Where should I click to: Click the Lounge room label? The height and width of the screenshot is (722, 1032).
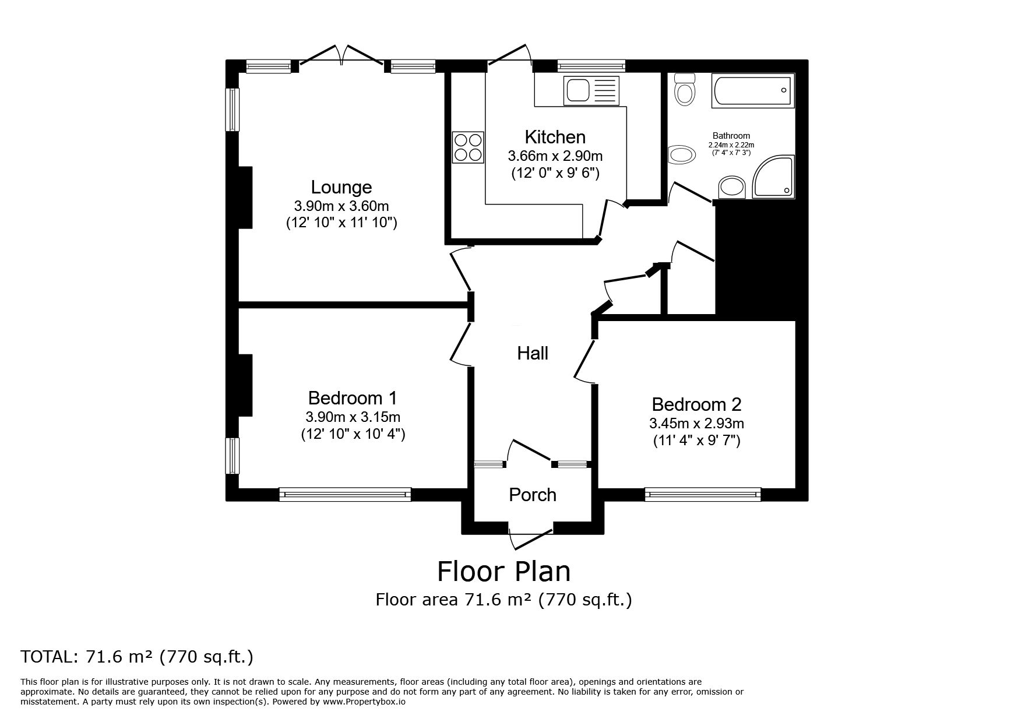coord(341,187)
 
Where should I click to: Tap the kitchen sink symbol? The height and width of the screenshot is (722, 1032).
coord(590,91)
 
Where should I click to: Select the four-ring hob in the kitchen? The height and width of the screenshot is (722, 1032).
coord(469,147)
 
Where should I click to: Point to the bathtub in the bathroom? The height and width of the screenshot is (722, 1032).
coord(752,91)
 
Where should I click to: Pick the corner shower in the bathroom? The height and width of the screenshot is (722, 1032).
coord(774,177)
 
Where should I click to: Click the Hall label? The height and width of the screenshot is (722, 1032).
coord(533,353)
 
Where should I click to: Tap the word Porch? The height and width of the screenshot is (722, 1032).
coord(533,495)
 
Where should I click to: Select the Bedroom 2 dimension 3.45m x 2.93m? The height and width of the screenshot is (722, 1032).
coord(696,423)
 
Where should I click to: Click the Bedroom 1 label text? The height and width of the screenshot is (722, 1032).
coord(353,398)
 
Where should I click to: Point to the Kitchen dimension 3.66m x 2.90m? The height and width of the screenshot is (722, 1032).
coord(555,156)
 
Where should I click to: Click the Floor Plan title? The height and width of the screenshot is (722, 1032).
coord(503,572)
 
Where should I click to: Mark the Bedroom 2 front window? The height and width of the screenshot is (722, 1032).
coord(702,495)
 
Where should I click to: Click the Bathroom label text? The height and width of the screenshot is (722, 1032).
coord(731,136)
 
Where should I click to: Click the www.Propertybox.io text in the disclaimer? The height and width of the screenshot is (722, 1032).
coord(364,702)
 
